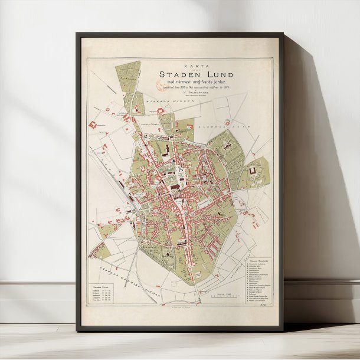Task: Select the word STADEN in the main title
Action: coord(178,74)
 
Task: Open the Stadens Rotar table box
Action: coord(105,294)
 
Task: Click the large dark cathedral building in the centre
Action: coord(176,186)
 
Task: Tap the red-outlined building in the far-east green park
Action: coord(254,171)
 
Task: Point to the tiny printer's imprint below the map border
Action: coord(177,307)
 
